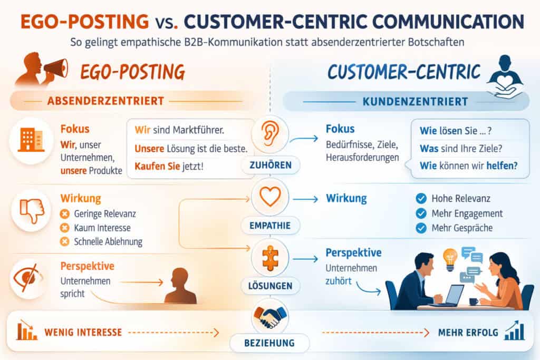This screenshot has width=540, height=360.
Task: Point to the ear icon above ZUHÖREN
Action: [x=269, y=135]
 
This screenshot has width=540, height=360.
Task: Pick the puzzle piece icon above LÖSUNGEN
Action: [x=269, y=257]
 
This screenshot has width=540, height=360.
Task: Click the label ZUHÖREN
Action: [x=269, y=166]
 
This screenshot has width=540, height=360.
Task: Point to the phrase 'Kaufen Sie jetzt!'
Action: [x=168, y=167]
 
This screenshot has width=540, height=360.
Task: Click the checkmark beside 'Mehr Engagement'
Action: [x=421, y=213]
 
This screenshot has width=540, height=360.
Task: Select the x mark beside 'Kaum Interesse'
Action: [x=65, y=228]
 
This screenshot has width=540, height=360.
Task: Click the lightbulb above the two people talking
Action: [x=450, y=258]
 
